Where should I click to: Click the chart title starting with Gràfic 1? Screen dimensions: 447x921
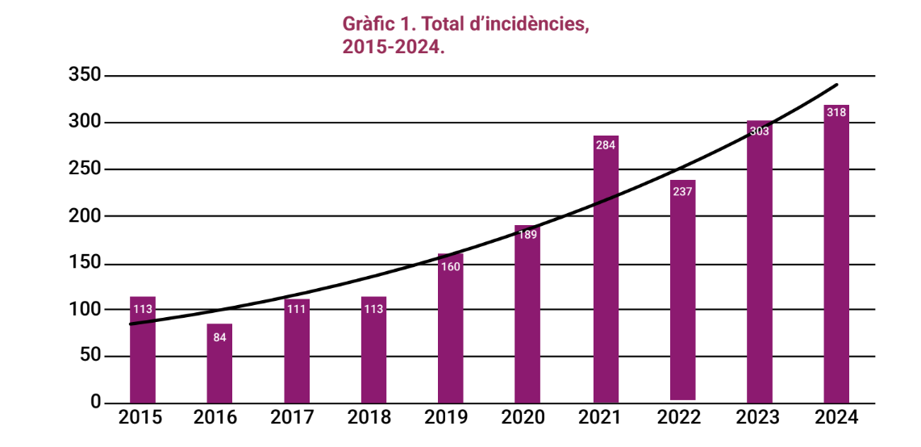click(466, 35)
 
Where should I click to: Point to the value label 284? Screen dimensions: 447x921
click(606, 145)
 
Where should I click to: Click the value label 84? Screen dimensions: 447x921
click(219, 336)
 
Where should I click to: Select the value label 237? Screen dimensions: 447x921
click(683, 191)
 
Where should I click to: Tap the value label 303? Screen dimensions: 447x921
click(759, 131)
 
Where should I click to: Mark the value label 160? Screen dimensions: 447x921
click(451, 266)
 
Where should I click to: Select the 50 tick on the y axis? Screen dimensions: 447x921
click(90, 356)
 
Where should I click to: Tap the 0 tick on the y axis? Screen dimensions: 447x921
click(95, 402)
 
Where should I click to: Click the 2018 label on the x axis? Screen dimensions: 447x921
click(373, 418)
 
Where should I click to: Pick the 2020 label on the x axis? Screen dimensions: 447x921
click(527, 418)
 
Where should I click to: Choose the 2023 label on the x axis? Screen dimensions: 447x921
click(759, 418)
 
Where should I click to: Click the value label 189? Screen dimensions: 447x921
click(527, 235)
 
